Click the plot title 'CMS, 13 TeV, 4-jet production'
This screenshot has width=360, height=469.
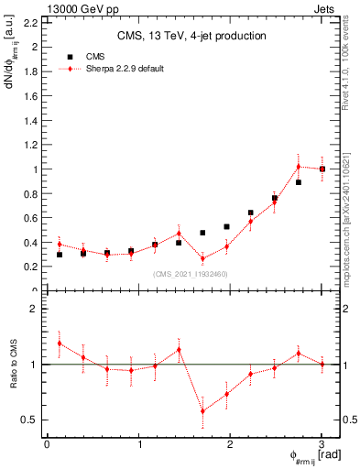point(191,37)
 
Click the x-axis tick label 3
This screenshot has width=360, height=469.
point(322,443)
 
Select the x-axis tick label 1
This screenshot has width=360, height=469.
point(138,443)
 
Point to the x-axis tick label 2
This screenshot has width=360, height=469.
point(230,443)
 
